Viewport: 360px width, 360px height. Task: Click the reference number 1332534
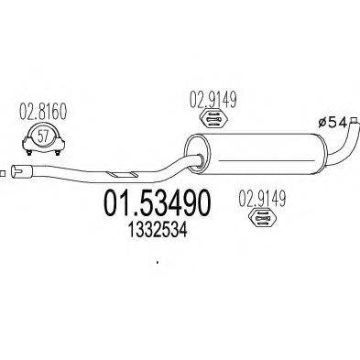pyautogui.click(x=153, y=223)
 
